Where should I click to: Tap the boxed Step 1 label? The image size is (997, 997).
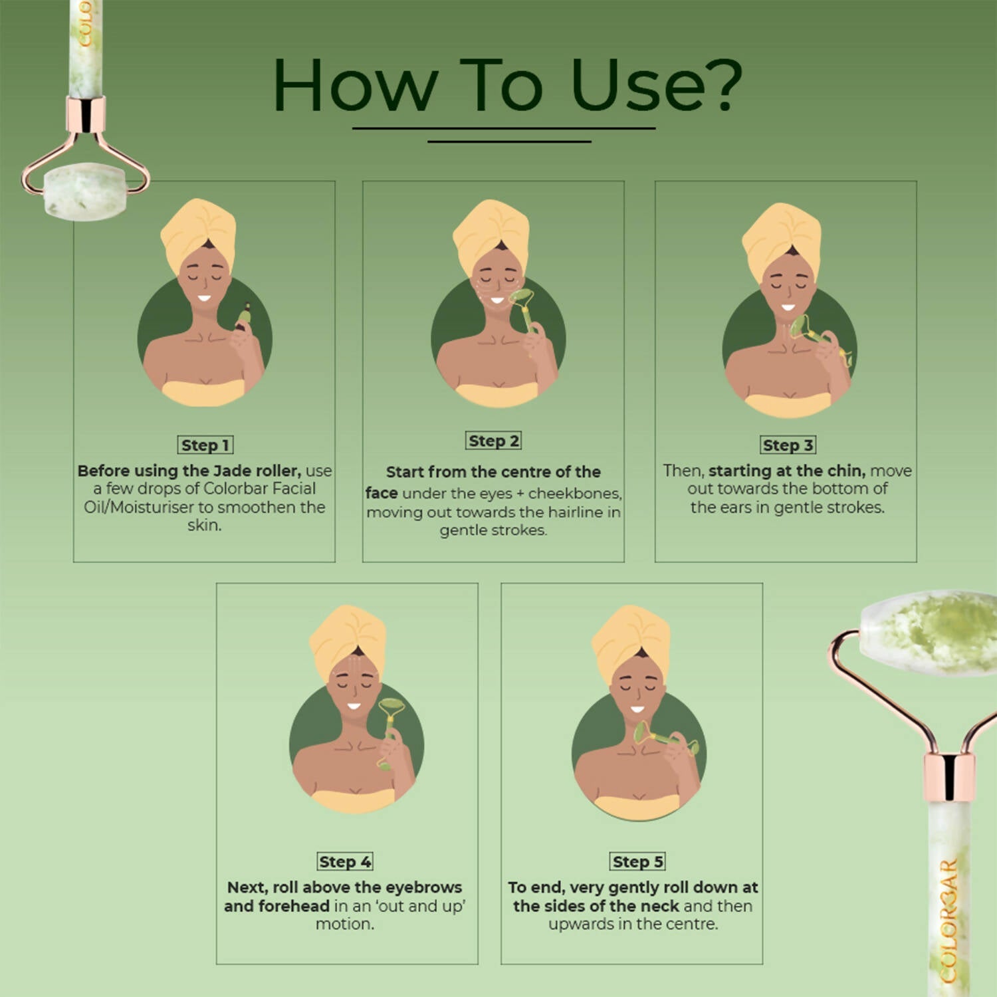(205, 445)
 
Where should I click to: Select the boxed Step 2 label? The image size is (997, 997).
(493, 441)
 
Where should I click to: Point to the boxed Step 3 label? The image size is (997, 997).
(788, 445)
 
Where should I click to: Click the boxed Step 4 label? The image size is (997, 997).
(345, 861)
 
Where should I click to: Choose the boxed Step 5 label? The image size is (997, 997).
(637, 861)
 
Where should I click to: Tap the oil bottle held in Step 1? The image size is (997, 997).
(244, 316)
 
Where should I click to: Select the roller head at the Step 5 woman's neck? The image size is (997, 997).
(643, 732)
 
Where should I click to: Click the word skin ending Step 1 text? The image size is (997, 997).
(203, 525)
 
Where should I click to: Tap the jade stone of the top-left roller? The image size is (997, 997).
(84, 191)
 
